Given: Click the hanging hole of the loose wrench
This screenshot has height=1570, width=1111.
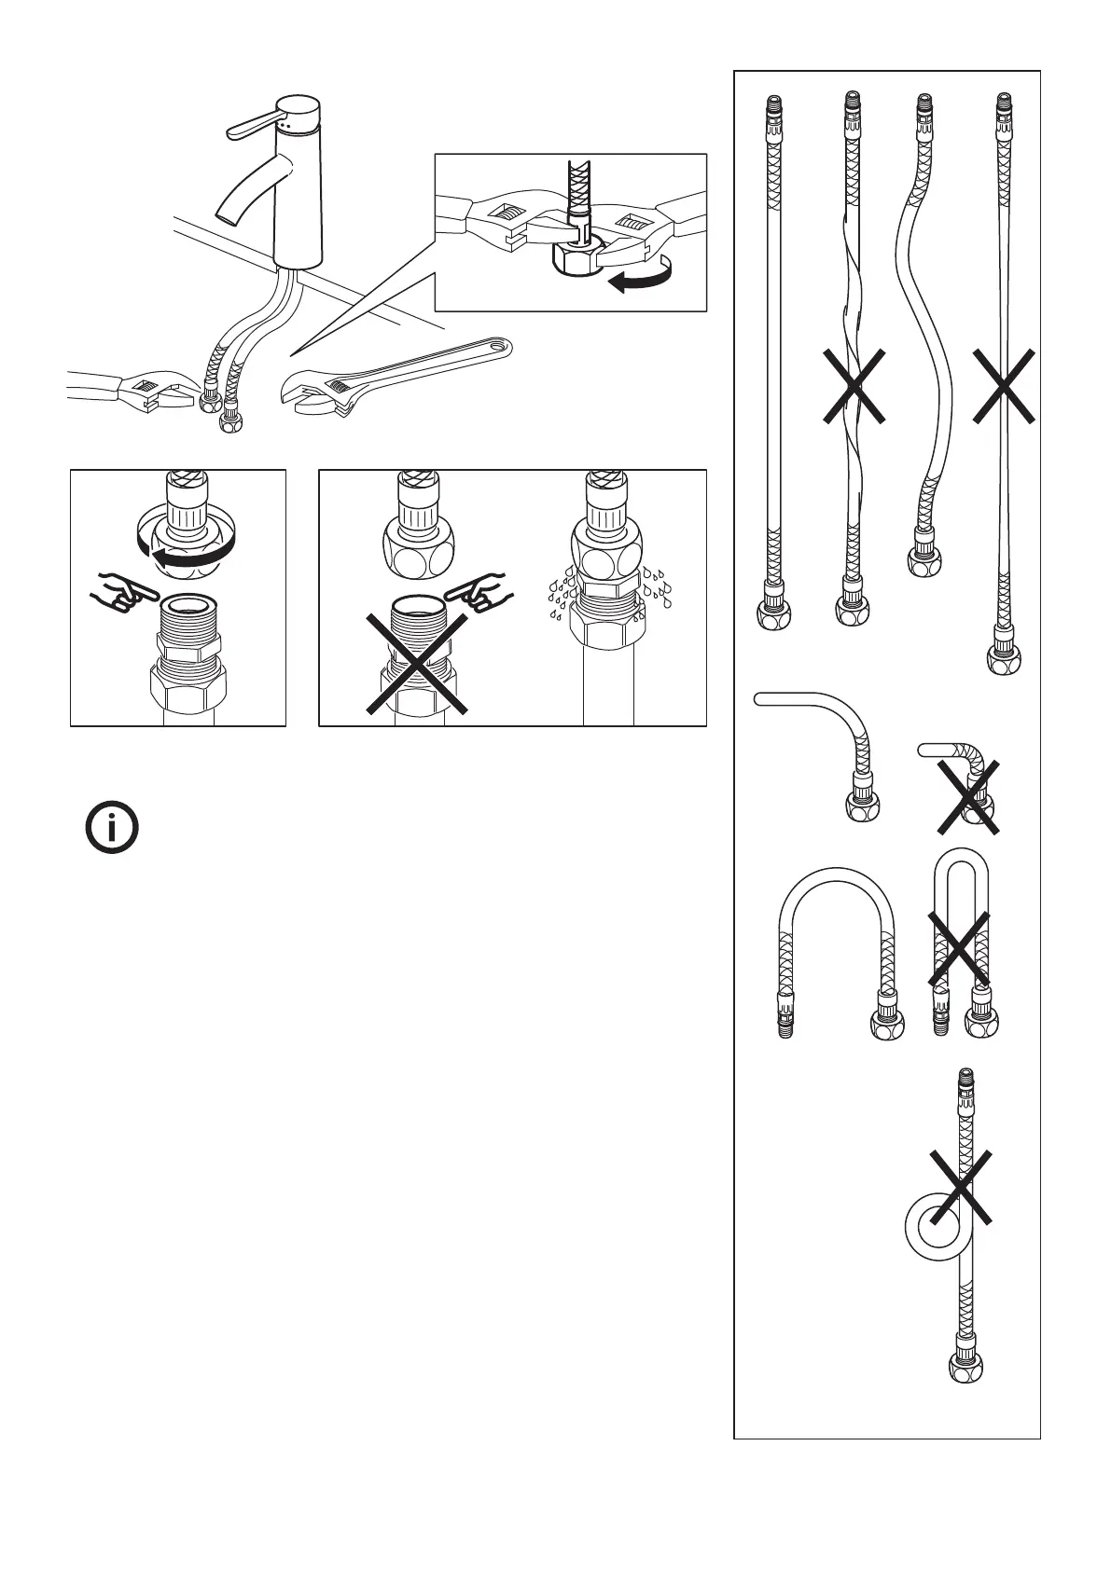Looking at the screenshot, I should click(500, 351).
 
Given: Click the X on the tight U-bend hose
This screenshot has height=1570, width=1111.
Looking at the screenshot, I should click(959, 947).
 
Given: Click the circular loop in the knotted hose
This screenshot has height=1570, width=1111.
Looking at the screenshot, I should click(934, 1228).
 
